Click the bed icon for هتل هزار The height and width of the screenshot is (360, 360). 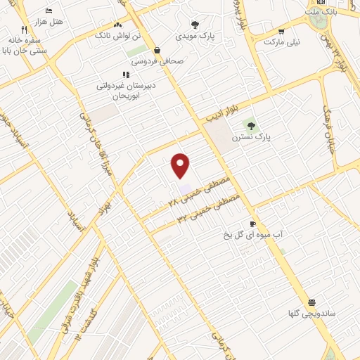(49, 11)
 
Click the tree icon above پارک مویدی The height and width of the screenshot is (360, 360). (195, 25)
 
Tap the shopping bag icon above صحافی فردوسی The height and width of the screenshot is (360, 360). (156, 50)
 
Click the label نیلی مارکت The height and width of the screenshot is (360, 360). (282, 42)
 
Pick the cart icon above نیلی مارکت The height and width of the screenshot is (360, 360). (281, 32)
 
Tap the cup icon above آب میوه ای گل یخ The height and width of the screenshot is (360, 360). (253, 224)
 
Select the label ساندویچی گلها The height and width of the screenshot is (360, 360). (313, 312)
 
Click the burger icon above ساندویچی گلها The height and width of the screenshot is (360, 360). (312, 302)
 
